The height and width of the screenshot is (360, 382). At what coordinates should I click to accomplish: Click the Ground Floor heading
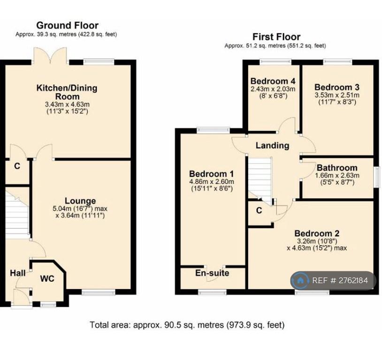(x=67, y=25)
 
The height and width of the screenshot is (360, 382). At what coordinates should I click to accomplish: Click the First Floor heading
(x=276, y=37)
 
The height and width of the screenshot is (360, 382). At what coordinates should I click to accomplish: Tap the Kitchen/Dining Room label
(x=67, y=92)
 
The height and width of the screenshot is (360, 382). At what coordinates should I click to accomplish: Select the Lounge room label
(x=80, y=201)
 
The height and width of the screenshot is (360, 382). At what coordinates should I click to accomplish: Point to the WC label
(x=47, y=279)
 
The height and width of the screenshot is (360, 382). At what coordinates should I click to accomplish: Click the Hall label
(x=17, y=273)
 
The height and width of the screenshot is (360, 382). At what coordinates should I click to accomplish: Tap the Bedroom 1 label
(x=211, y=174)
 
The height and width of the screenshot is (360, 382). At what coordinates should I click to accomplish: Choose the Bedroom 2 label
(x=317, y=233)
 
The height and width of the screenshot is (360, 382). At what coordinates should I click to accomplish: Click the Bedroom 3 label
(x=337, y=87)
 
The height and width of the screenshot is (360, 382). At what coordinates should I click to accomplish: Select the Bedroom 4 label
(x=273, y=81)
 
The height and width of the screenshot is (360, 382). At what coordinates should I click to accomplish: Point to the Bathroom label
(x=337, y=168)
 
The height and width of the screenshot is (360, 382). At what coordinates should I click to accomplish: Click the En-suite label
(x=212, y=273)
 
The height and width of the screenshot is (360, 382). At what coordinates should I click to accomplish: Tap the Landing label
(x=272, y=146)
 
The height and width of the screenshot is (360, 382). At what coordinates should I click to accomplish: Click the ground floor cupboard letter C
(x=17, y=166)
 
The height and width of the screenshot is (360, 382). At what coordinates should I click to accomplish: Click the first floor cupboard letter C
(x=259, y=210)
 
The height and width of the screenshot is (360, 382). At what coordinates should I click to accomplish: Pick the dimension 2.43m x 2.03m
(x=273, y=89)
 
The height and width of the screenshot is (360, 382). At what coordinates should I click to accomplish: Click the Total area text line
(x=187, y=325)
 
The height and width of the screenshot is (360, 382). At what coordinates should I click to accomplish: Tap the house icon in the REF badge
(x=300, y=281)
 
